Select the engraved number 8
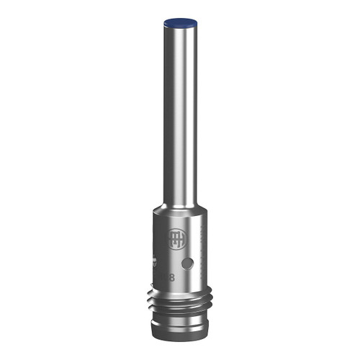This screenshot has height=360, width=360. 171,276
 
